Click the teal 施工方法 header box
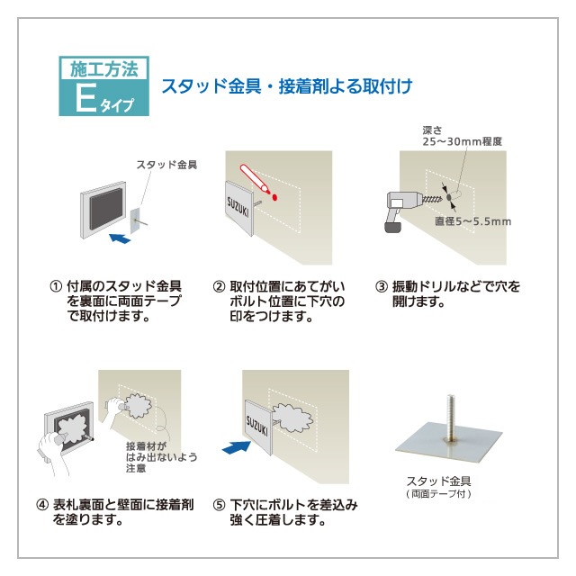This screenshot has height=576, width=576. [105, 68]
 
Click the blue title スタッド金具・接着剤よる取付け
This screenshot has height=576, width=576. [285, 87]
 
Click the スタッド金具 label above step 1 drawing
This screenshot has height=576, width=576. [166, 165]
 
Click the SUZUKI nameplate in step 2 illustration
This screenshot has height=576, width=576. [237, 206]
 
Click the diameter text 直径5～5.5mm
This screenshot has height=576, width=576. [472, 220]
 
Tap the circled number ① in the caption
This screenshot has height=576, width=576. [55, 287]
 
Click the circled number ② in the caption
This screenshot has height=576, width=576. [218, 287]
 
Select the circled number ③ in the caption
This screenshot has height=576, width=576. [381, 287]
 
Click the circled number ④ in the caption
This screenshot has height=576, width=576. [41, 505]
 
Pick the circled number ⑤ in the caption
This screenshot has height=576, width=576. [218, 505]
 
